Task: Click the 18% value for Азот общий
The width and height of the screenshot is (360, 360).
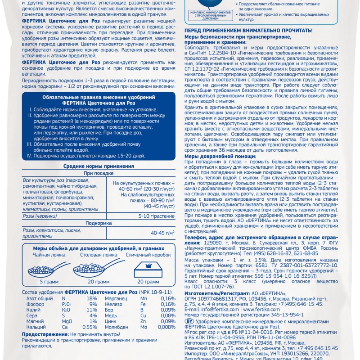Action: [91, 298]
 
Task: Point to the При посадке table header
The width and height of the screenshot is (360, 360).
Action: [98, 172]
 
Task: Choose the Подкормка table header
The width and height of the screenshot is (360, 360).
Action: [98, 223]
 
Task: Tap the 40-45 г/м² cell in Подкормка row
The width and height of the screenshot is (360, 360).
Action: [162, 233]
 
